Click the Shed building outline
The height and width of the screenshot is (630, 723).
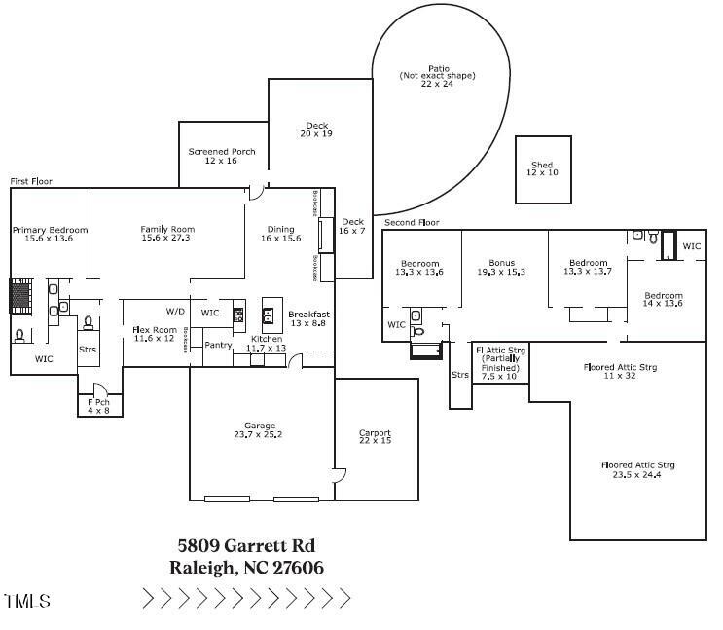point(543,170)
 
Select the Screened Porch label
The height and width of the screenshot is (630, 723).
point(222,152)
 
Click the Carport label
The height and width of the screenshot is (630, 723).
point(375,433)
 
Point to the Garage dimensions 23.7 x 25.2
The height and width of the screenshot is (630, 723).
point(260,435)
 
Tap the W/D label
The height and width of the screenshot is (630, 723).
point(175,312)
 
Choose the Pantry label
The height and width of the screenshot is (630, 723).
point(218,344)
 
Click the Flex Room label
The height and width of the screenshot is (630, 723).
point(154,330)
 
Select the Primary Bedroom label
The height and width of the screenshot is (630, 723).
point(50,230)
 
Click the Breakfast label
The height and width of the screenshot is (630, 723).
point(308,315)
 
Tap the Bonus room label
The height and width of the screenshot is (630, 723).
point(501,263)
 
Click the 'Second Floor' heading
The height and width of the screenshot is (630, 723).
point(412,223)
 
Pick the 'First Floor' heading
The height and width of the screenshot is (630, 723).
point(30,181)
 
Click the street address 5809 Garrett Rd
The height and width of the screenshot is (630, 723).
point(246,546)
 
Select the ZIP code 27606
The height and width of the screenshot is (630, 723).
point(298,568)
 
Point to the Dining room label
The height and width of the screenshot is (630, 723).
point(280,230)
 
